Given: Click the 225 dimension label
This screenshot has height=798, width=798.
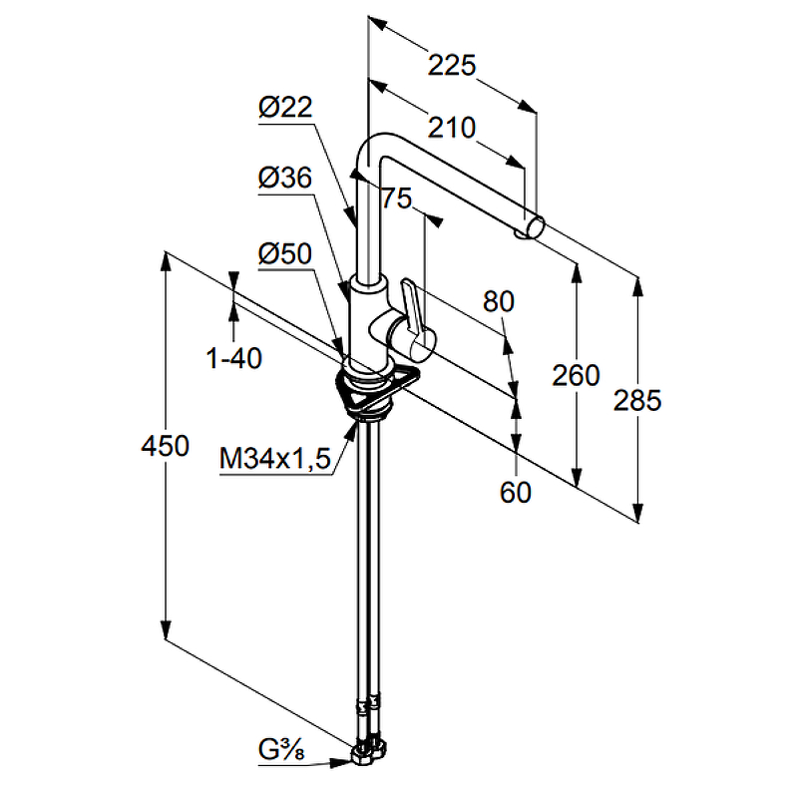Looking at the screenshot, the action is pyautogui.click(x=452, y=65).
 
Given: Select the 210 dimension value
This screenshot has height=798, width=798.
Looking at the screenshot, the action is pyautogui.click(x=452, y=128).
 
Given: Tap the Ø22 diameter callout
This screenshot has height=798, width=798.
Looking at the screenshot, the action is pyautogui.click(x=285, y=107).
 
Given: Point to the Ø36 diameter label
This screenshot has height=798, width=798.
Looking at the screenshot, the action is pyautogui.click(x=285, y=178).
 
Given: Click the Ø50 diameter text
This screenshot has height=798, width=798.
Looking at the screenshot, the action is pyautogui.click(x=285, y=253).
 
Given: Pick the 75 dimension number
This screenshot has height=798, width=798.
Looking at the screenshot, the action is pyautogui.click(x=396, y=198).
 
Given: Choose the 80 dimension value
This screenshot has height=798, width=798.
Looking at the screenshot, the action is pyautogui.click(x=498, y=301).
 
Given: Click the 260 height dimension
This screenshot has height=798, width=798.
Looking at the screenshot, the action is pyautogui.click(x=576, y=375).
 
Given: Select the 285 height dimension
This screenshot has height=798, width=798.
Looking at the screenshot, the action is pyautogui.click(x=637, y=400).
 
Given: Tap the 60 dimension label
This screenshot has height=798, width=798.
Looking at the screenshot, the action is pyautogui.click(x=515, y=492).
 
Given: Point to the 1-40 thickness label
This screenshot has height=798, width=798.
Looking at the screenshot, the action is pyautogui.click(x=234, y=358).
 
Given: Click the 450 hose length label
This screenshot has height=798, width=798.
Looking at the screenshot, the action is pyautogui.click(x=165, y=446).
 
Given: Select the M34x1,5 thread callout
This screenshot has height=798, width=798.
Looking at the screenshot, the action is pyautogui.click(x=275, y=458).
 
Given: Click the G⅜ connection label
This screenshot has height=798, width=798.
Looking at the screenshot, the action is pyautogui.click(x=281, y=749).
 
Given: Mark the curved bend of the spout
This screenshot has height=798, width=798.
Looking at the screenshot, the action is pyautogui.click(x=371, y=146).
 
